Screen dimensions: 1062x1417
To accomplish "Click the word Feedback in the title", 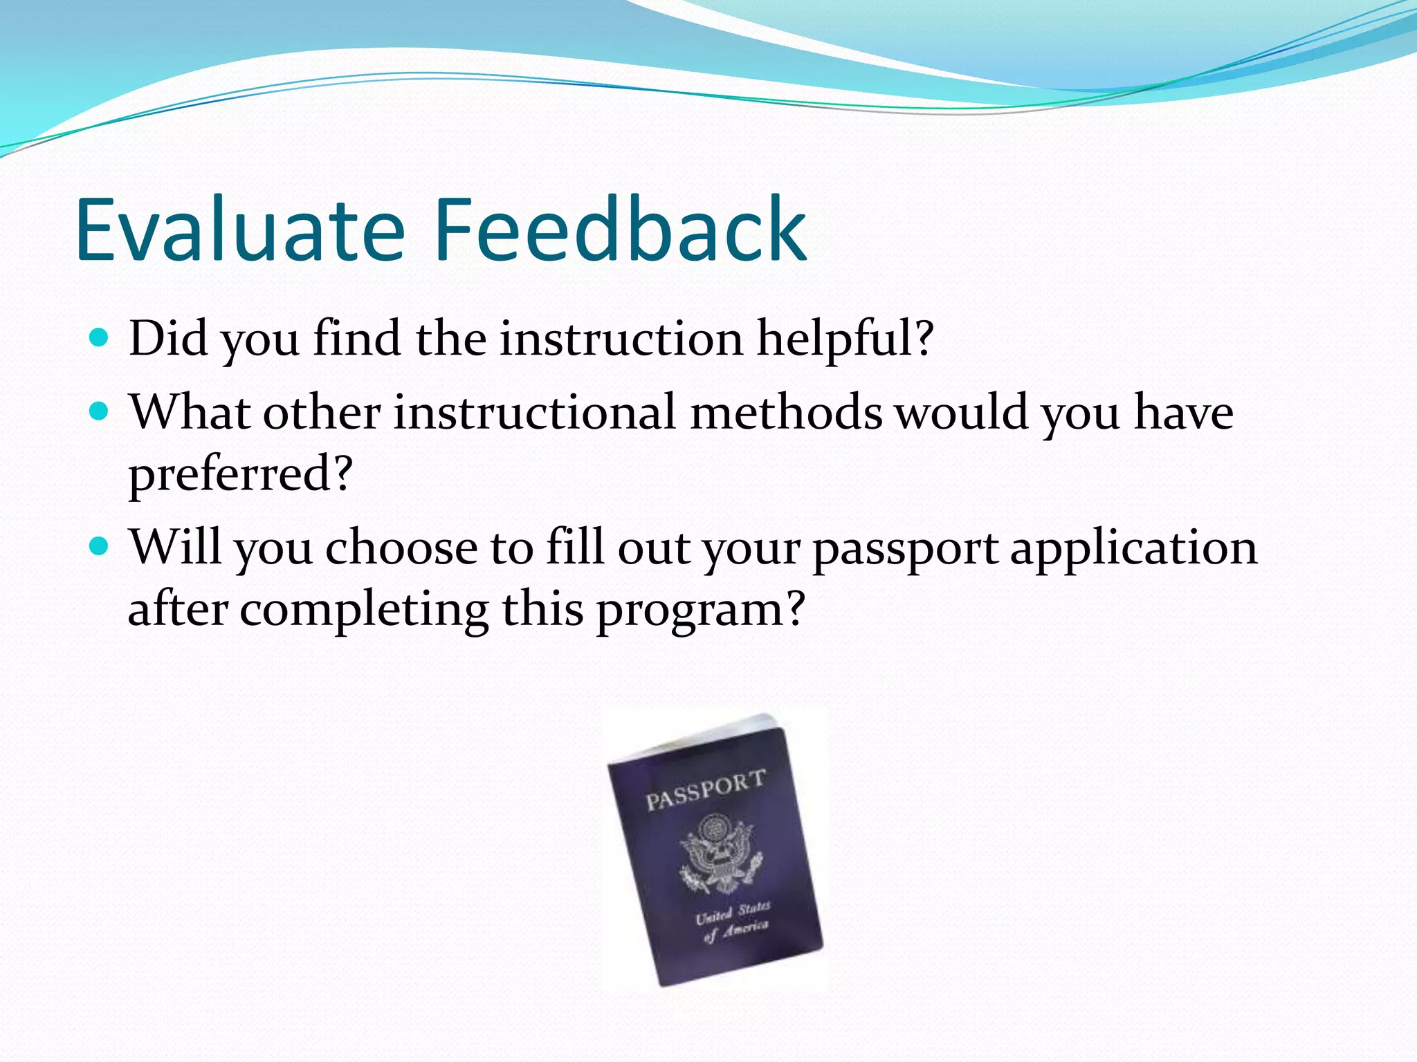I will (620, 230).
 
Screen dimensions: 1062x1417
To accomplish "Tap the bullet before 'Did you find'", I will (100, 337).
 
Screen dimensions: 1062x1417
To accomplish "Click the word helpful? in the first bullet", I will (845, 339).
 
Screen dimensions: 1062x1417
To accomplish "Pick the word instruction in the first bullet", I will (621, 339).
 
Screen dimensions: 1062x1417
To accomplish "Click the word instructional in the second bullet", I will (534, 413).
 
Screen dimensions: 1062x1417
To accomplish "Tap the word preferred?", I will (241, 476).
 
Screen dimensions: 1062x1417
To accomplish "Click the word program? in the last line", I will (700, 612).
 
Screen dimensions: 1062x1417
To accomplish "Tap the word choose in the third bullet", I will (401, 548).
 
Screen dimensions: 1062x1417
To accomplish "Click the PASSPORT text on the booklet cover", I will (705, 790).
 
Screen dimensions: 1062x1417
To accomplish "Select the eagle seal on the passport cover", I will (721, 854).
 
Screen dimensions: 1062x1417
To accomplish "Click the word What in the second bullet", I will (190, 413).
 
